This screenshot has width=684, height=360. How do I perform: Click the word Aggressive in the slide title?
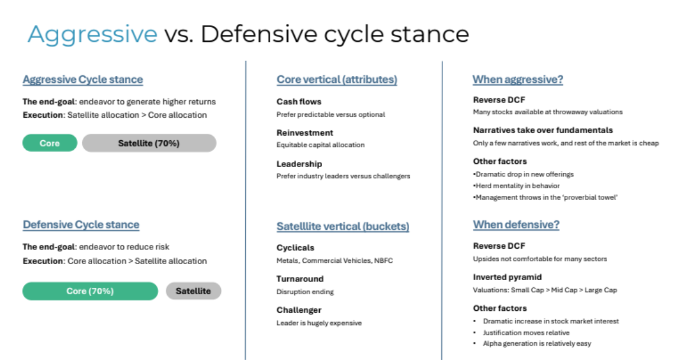(x=92, y=34)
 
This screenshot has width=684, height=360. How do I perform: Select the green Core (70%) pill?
(x=90, y=291)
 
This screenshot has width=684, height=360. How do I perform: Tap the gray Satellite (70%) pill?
(x=149, y=143)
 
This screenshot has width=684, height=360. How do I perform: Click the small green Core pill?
(x=50, y=143)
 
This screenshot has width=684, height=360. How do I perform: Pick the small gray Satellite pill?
(x=193, y=291)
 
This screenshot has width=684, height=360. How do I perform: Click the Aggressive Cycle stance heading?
(x=83, y=79)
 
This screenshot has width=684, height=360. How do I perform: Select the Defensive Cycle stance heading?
(x=81, y=225)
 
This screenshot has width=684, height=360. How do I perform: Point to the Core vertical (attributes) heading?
(x=337, y=79)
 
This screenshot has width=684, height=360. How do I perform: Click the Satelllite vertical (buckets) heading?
(x=343, y=226)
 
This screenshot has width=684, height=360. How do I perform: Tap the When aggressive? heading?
(x=518, y=79)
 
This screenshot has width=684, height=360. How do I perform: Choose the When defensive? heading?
(x=516, y=225)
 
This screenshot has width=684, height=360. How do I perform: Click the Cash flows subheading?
(x=299, y=102)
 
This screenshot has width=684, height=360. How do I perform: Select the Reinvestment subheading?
(x=304, y=133)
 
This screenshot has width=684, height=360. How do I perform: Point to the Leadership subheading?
(x=299, y=164)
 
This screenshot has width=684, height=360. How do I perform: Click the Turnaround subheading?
(x=300, y=279)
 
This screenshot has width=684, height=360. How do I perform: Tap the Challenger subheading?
(x=299, y=310)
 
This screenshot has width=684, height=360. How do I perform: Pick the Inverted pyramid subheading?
(x=508, y=277)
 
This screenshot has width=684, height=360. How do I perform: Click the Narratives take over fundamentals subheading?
(x=543, y=130)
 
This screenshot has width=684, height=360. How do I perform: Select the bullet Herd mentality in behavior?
(x=516, y=186)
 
